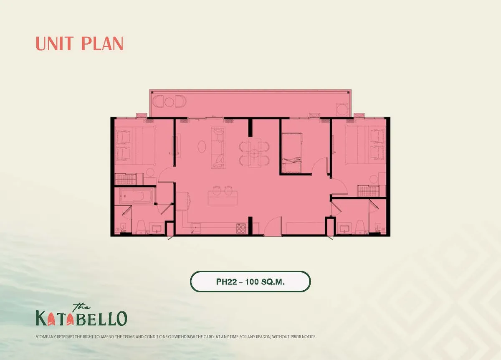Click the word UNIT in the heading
click(x=56, y=43)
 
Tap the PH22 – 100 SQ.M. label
click(x=250, y=282)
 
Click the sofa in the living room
click(x=218, y=147)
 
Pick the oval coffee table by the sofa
click(x=202, y=147)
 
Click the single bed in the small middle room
click(x=291, y=153)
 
